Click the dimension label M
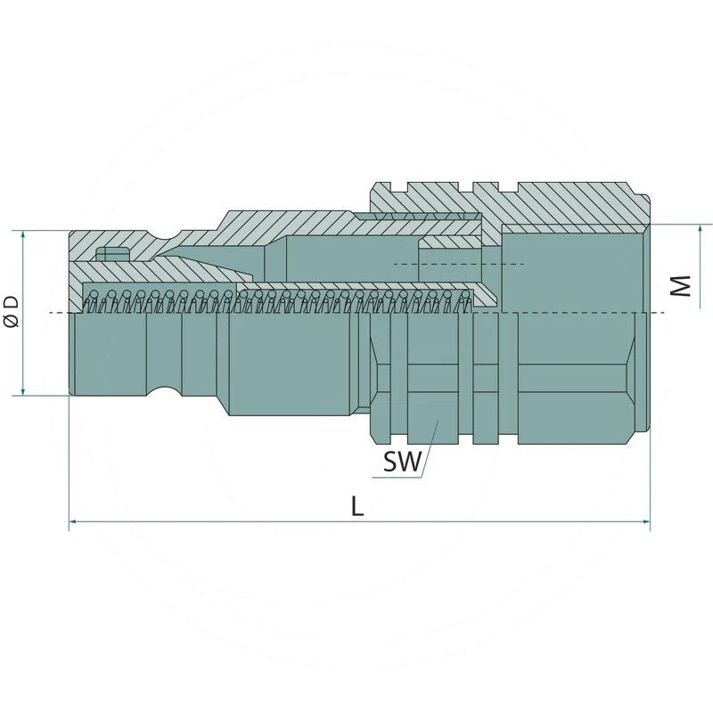(681, 286)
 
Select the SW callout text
(403, 462)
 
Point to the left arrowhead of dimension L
(72, 522)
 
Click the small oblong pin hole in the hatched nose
(112, 254)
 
